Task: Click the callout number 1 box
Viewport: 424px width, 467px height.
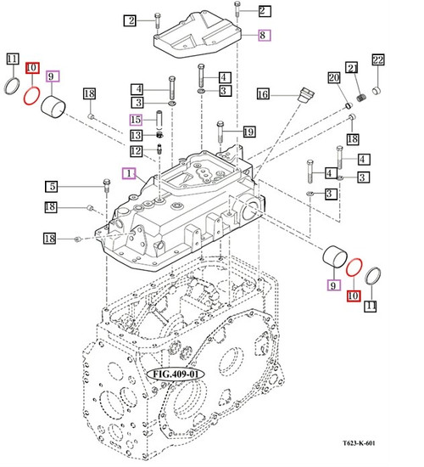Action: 128,172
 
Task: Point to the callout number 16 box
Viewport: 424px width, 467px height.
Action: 263,93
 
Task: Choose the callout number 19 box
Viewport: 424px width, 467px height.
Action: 248,132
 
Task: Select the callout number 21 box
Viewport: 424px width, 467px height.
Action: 350,68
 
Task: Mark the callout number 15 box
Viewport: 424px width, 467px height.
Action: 136,119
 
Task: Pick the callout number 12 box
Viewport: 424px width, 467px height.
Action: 136,151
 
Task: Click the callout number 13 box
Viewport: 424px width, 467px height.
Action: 136,135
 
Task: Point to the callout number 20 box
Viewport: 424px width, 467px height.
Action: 333,78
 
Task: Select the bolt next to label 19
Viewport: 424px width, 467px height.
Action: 220,133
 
